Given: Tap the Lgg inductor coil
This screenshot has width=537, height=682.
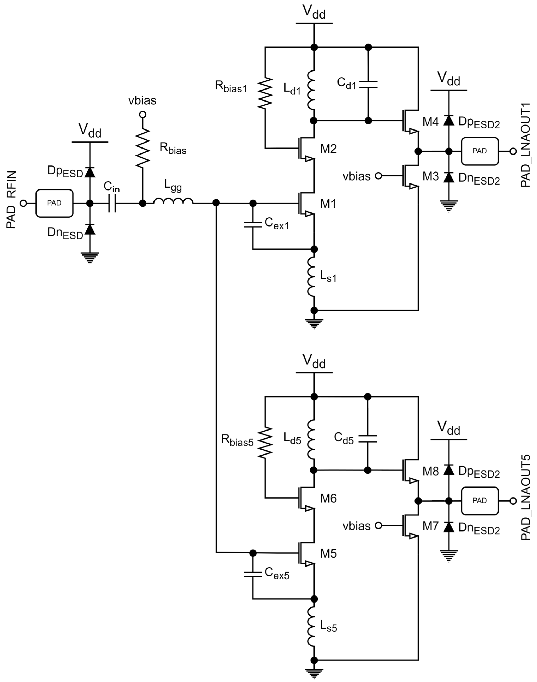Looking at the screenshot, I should click(173, 201).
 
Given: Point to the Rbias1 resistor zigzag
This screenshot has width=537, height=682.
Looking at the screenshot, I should click(265, 93).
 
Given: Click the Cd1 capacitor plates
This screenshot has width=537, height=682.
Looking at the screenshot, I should click(368, 84).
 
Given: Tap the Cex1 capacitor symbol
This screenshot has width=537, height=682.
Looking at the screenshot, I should click(253, 224).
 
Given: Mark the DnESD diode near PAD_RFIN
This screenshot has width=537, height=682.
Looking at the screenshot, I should click(90, 230).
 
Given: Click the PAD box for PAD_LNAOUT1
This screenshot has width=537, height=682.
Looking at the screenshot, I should click(480, 151).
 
